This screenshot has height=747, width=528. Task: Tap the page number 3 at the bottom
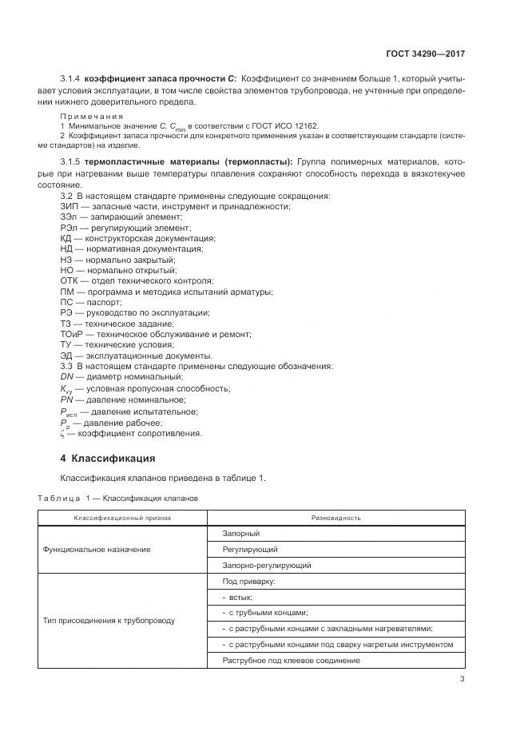(462, 680)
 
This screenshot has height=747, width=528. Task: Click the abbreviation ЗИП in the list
(69, 206)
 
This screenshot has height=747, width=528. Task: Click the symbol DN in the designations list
(67, 376)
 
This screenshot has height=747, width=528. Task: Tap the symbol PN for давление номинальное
(67, 399)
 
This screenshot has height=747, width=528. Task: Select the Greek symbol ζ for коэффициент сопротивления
(62, 434)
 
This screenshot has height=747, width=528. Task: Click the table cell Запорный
(240, 534)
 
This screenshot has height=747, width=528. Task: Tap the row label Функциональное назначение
(97, 550)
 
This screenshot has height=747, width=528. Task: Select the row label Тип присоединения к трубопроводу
(109, 620)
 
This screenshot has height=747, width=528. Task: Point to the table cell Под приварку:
(248, 581)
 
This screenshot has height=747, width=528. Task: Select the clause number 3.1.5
(71, 162)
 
